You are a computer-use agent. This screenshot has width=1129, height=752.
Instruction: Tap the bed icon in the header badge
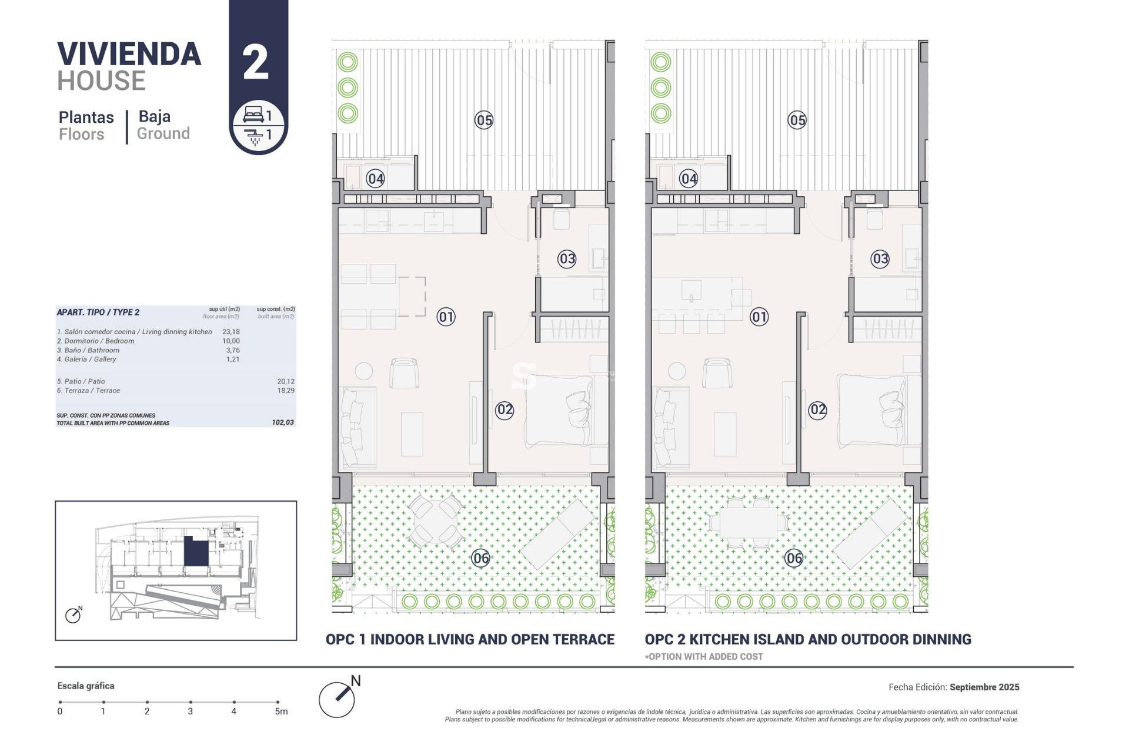click(x=253, y=114)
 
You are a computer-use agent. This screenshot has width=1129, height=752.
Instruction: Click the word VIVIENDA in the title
click(x=129, y=54)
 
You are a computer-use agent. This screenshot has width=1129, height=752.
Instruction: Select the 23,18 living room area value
click(x=231, y=332)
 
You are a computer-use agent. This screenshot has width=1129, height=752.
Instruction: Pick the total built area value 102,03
click(x=283, y=422)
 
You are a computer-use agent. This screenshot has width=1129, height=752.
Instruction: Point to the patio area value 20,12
click(x=286, y=381)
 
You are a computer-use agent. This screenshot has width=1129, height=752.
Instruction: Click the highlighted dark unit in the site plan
click(x=196, y=552)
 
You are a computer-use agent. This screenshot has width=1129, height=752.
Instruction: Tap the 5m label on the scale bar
click(x=281, y=711)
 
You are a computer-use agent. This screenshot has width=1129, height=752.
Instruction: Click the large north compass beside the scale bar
click(x=337, y=699)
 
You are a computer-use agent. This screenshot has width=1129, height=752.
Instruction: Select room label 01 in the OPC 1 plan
click(x=446, y=317)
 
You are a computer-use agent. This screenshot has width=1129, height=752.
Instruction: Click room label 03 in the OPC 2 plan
click(x=880, y=258)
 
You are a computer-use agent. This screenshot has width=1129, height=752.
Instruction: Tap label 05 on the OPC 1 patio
click(x=484, y=120)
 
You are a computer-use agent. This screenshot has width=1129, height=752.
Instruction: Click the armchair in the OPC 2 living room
click(x=717, y=372)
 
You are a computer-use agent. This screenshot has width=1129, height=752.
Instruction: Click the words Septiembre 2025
click(x=984, y=687)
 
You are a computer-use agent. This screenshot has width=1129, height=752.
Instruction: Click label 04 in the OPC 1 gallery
click(x=375, y=179)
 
